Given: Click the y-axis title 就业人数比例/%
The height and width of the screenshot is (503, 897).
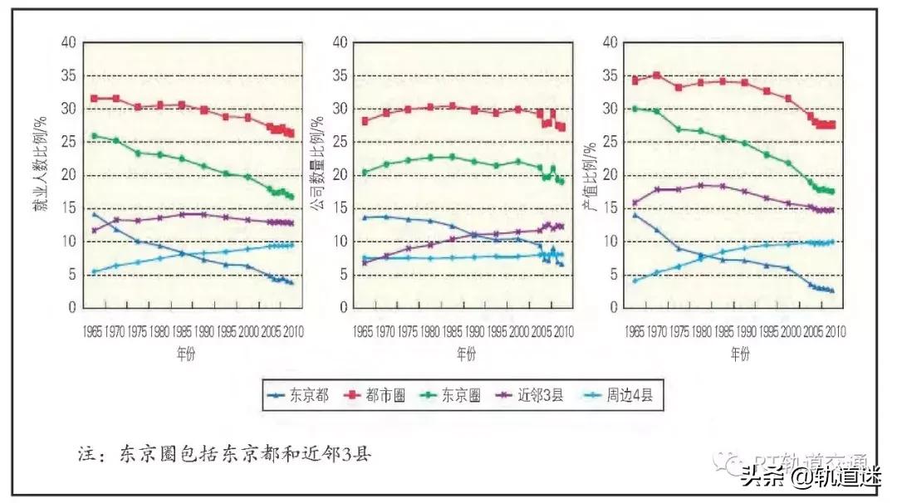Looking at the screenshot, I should click(39, 175).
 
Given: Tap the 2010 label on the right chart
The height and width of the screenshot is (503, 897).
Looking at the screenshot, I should click(835, 331).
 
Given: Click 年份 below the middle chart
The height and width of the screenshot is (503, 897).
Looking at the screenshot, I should click(466, 354).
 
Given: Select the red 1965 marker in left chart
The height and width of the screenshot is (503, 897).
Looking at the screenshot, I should click(94, 99).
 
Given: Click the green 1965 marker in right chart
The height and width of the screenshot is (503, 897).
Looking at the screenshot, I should click(635, 109).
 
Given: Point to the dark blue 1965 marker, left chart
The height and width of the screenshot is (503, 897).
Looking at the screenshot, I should click(94, 214).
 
